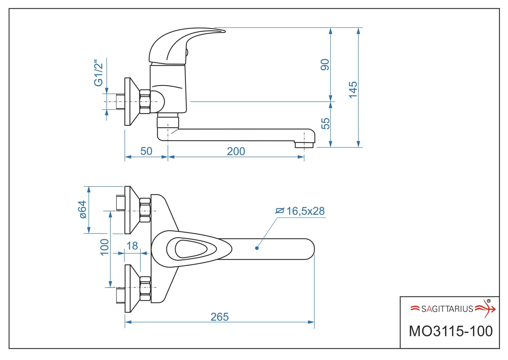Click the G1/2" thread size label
98,73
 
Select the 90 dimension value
325,65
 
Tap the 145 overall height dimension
353,90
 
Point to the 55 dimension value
325,123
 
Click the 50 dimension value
146,151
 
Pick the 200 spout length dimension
236,152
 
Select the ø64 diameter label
83,210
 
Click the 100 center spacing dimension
105,247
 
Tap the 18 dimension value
132,246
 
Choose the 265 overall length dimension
220,317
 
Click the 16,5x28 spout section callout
305,211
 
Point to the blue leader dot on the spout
257,248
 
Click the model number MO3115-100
451,331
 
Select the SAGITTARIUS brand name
447,309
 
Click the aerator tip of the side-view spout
304,145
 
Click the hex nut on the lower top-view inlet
145,289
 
